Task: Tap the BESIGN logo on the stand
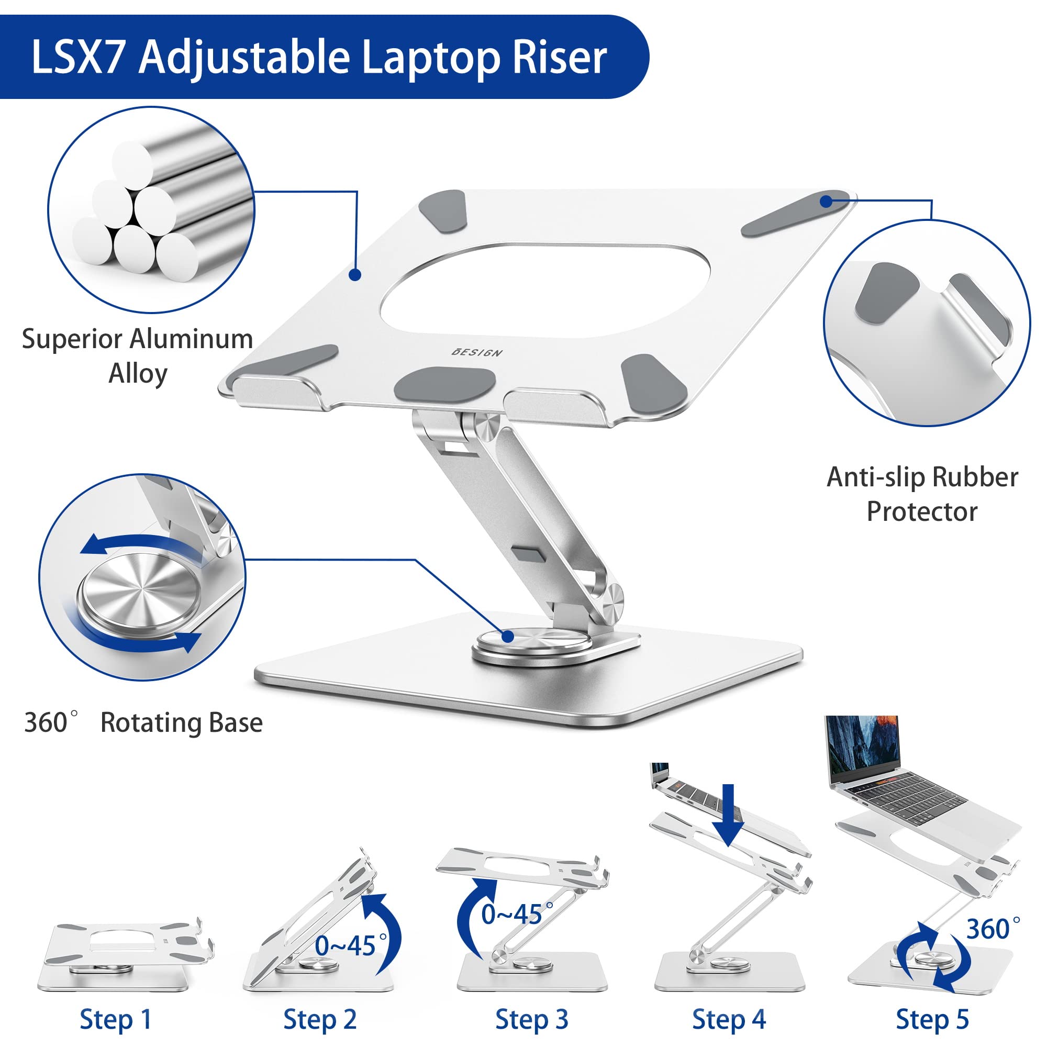tap(477, 352)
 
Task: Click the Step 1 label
tap(115, 1019)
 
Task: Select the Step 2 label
tap(320, 1019)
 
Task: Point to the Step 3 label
tap(532, 1019)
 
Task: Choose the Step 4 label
tap(729, 1019)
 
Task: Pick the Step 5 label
tap(932, 1019)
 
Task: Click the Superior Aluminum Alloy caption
tap(138, 356)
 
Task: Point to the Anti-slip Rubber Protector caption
tap(922, 494)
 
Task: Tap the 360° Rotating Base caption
tap(143, 722)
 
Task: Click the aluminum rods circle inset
tap(151, 209)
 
